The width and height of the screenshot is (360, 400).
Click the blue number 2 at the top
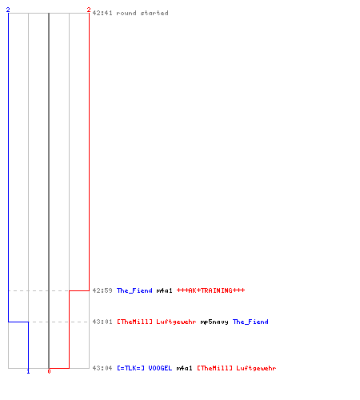[x=8, y=10]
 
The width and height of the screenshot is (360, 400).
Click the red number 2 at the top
[x=89, y=10]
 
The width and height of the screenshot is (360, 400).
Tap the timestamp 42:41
[x=102, y=13]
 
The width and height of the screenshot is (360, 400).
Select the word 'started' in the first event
[x=154, y=13]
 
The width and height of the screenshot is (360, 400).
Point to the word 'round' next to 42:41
[x=126, y=13]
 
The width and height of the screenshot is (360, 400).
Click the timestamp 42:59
[x=102, y=290]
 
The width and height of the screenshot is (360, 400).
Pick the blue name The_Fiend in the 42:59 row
[x=134, y=290]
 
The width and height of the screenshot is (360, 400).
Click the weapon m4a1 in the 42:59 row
[x=165, y=290]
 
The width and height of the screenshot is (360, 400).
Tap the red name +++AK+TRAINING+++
[x=210, y=290]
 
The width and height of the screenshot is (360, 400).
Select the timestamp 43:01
[x=102, y=322]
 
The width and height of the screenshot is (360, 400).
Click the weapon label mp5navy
[x=214, y=322]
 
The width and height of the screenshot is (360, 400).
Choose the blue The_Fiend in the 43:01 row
[x=250, y=322]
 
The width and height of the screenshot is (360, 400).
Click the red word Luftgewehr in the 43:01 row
[x=176, y=322]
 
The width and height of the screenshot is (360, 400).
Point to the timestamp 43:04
[x=102, y=368]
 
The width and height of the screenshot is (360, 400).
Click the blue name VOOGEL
[x=160, y=368]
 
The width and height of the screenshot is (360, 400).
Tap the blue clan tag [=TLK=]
[x=130, y=368]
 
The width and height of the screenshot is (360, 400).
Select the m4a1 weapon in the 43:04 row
[x=185, y=368]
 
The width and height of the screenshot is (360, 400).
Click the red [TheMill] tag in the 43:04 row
[x=214, y=368]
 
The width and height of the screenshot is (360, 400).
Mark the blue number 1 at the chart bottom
[x=28, y=371]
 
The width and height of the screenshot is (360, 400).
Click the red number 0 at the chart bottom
[x=49, y=371]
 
